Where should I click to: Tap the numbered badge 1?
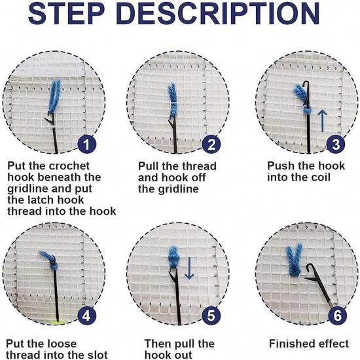tap(87, 145)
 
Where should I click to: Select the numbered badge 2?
tap(211, 145)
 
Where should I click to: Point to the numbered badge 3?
tap(336, 145)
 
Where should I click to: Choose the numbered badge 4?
tap(87, 315)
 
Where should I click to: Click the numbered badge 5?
tap(211, 315)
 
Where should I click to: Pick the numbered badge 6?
tap(338, 315)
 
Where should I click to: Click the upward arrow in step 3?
tap(323, 121)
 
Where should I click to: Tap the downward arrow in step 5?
tap(189, 268)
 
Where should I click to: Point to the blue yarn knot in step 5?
tap(174, 257)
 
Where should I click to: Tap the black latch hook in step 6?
tap(319, 285)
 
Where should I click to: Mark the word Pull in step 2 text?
tap(148, 166)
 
